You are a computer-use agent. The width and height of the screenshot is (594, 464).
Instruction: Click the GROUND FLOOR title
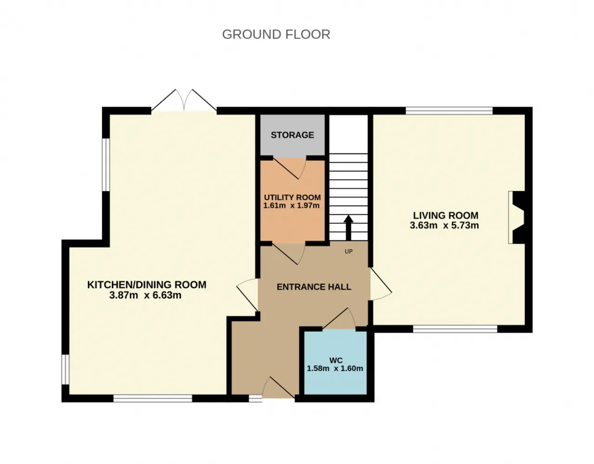pos(276,35)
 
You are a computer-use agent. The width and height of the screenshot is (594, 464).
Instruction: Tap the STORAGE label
pos(292,135)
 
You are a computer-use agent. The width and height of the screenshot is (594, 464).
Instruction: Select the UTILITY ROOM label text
pos(292,197)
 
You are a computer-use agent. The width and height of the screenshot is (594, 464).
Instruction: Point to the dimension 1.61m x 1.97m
pos(291,205)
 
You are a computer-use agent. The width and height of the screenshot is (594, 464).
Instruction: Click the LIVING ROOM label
pos(445,216)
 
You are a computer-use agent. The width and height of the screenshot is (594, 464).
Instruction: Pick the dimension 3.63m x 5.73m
pos(444,225)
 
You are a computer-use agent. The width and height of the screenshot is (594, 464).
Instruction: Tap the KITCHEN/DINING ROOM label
pos(147,285)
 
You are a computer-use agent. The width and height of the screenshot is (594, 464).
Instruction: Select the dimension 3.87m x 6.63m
pos(145,295)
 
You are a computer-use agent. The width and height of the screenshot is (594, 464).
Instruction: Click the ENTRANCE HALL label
pos(314,287)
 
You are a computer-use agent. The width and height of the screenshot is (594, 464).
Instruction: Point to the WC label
pos(336,360)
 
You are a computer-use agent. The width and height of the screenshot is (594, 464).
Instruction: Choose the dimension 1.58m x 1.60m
pos(335,369)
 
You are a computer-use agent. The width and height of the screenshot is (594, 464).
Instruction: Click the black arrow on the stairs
pos(348,228)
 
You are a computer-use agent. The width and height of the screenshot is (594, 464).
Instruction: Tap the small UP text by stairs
pos(349,251)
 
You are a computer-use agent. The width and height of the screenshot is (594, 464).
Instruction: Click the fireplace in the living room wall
pos(517,217)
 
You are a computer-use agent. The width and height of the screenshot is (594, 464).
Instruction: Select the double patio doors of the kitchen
pos(184,100)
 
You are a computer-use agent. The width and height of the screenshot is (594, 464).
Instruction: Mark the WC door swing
pos(339,318)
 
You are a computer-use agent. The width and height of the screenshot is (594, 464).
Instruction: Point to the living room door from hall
pos(381,284)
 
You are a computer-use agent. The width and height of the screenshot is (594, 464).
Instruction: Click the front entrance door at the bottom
pos(278,388)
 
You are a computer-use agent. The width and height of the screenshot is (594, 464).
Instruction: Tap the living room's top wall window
pos(449,111)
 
